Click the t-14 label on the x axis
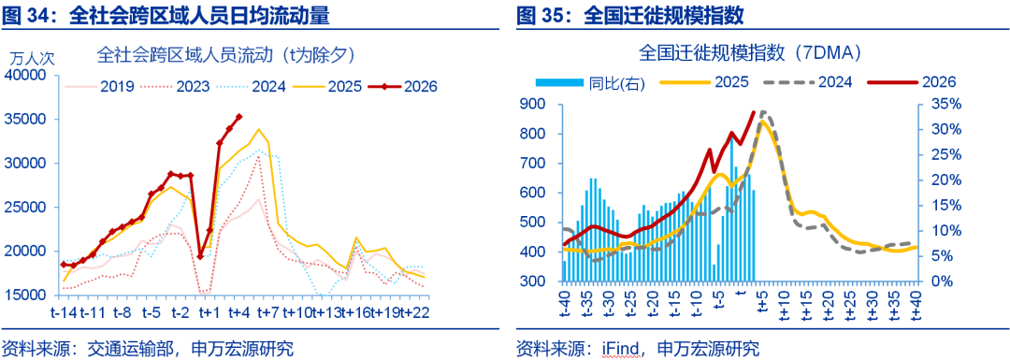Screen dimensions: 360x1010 pos(65,310)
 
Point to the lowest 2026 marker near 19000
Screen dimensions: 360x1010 pos(200,255)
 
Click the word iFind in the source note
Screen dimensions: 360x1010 pos(618,349)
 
